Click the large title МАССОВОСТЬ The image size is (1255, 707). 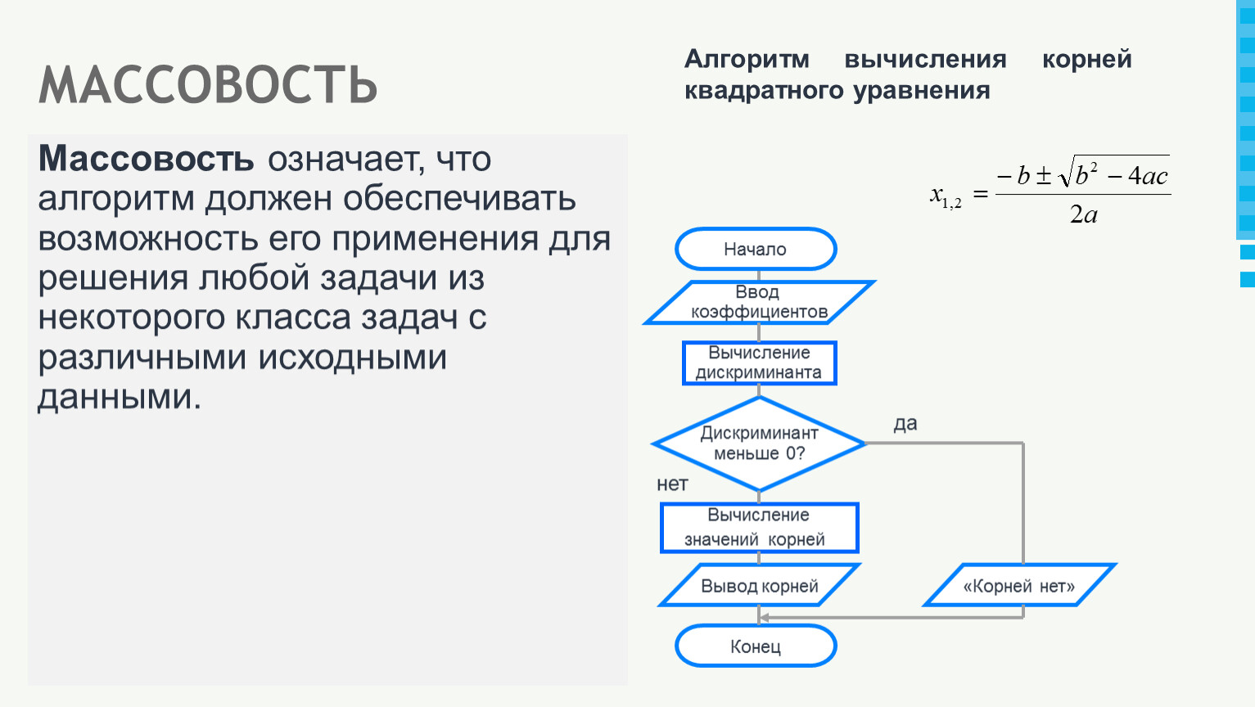point(208,84)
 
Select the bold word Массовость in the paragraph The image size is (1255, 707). point(146,159)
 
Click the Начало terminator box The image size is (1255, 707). point(756,249)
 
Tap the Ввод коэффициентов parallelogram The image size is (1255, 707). point(759,303)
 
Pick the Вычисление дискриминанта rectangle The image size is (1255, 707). point(759,363)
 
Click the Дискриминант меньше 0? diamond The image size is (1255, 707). point(759,444)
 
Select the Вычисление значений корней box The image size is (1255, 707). point(759,528)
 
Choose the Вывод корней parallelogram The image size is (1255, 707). point(759,585)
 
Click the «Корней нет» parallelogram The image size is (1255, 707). point(1019,585)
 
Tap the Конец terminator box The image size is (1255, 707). point(756,646)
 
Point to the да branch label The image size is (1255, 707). point(905,424)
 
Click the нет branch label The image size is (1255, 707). point(672,484)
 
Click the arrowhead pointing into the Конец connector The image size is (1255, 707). point(763,617)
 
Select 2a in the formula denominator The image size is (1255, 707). point(1084,214)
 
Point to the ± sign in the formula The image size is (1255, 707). point(1043,175)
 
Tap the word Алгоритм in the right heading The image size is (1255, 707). point(747,60)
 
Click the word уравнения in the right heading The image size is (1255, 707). point(922,91)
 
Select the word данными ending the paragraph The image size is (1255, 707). point(120,397)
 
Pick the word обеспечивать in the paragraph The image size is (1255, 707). point(459,198)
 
